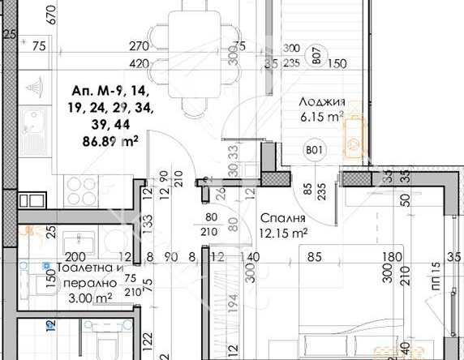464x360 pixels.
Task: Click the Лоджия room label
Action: tap(322, 102)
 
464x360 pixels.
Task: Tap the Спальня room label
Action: tap(283, 219)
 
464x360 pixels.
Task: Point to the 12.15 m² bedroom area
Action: tap(283, 233)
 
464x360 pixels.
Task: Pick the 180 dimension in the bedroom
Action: tap(394, 258)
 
